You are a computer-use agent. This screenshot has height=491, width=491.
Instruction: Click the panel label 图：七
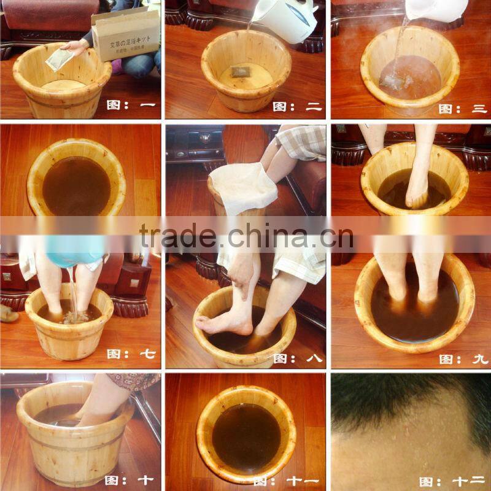[x=132, y=354]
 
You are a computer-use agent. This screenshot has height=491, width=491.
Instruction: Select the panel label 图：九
[x=463, y=358]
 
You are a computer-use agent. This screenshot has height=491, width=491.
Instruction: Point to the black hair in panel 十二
[x=399, y=399]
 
